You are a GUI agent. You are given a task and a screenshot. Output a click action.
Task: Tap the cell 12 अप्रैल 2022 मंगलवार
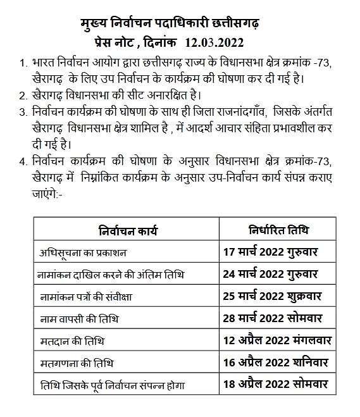tap(275, 340)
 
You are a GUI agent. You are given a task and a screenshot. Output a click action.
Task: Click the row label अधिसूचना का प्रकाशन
tap(83, 252)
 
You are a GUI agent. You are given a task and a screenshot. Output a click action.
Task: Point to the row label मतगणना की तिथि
tap(72, 363)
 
